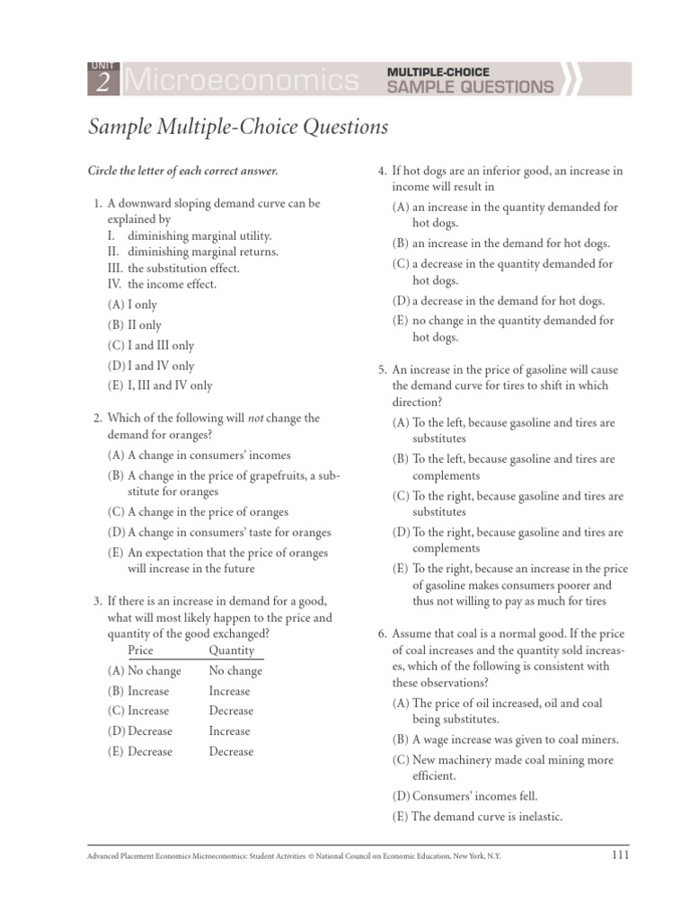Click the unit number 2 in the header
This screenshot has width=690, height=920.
click(102, 84)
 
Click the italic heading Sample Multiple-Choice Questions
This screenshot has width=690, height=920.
click(238, 128)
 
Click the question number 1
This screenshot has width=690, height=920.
click(97, 204)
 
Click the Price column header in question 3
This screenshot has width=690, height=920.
click(141, 650)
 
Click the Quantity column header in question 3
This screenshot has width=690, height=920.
click(232, 650)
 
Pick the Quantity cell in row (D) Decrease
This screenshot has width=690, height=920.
click(229, 731)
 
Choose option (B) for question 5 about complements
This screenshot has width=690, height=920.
click(503, 467)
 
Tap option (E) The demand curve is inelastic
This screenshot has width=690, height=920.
click(476, 817)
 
